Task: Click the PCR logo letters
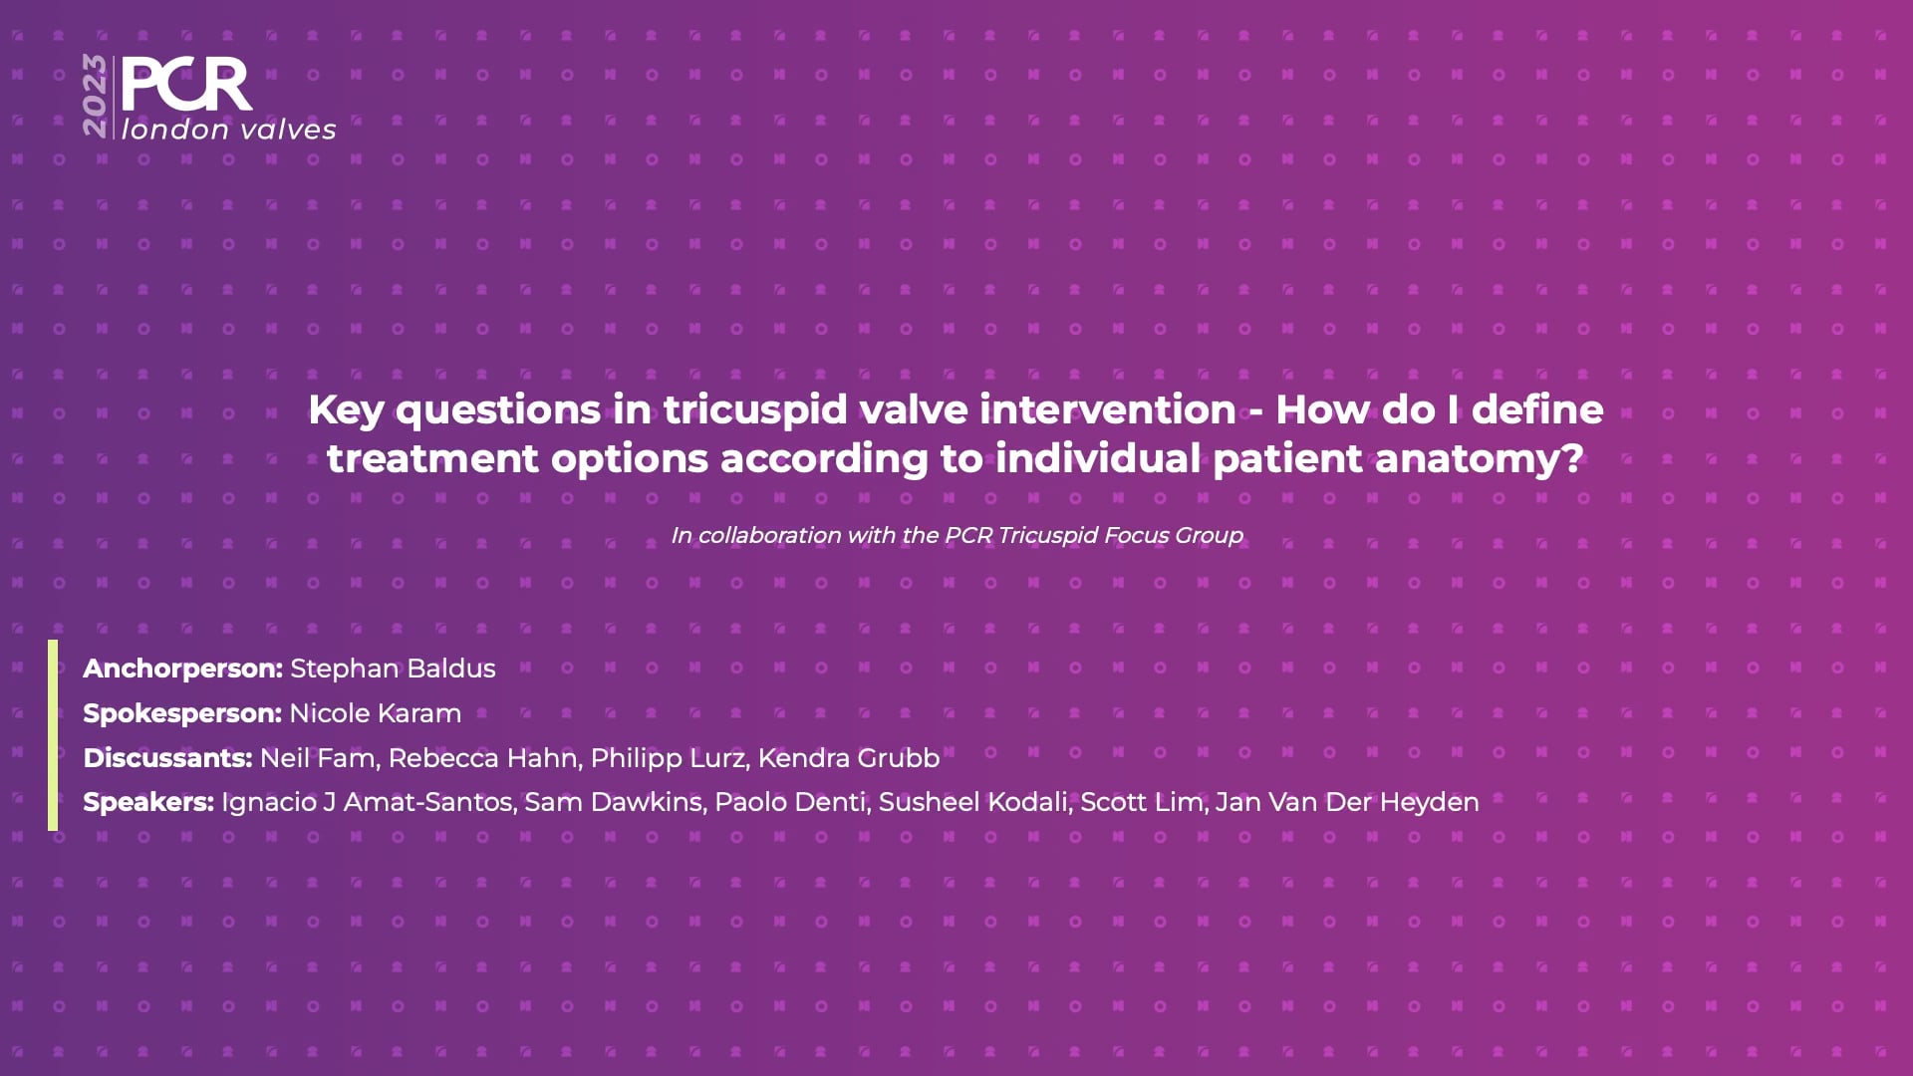[x=186, y=85]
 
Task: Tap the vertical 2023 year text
[x=95, y=96]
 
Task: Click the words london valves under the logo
[x=229, y=130]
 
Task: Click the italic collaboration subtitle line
[x=956, y=535]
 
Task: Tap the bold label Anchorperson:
[x=183, y=669]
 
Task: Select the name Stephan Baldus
[x=393, y=669]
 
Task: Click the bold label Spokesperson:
[x=182, y=713]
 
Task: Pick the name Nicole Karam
[x=376, y=713]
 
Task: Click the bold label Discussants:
[x=167, y=758]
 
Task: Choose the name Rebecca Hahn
[x=483, y=758]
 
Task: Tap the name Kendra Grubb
[x=849, y=758]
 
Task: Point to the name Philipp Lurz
[x=668, y=758]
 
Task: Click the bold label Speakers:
[x=148, y=802]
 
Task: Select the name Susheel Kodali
[x=973, y=802]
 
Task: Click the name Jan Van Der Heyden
[x=1347, y=802]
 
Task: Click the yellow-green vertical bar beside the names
[x=53, y=735]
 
